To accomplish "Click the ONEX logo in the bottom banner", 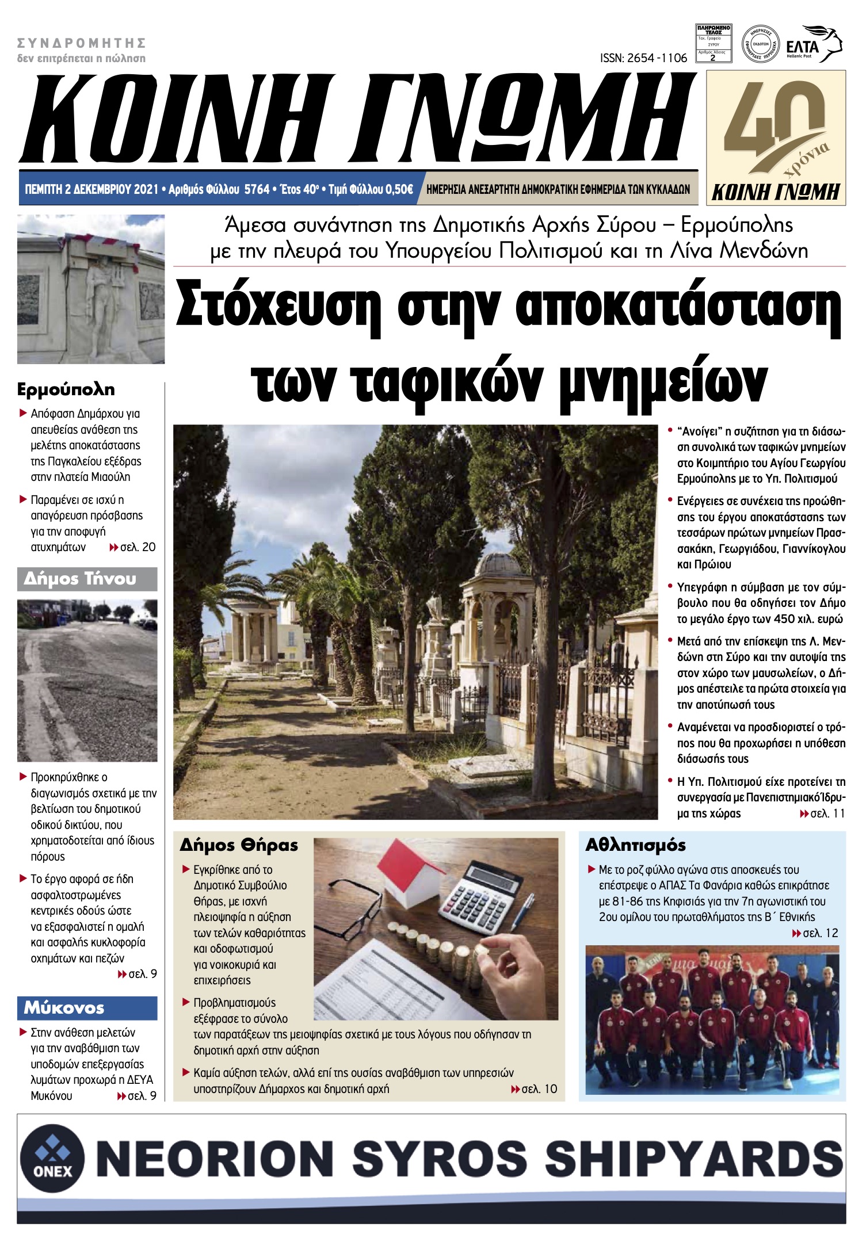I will pos(52,1158).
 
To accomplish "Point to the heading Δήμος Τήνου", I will pos(80,579).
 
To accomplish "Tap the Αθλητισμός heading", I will pos(635,845).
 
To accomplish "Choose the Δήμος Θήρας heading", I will pos(239,845).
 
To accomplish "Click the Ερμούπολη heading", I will pos(66,389).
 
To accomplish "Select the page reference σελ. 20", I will pos(137,547).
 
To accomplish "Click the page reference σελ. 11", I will pos(827,813).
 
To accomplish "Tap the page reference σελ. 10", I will pos(539,1089).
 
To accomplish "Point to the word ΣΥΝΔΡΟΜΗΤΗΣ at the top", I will pos(81,43).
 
